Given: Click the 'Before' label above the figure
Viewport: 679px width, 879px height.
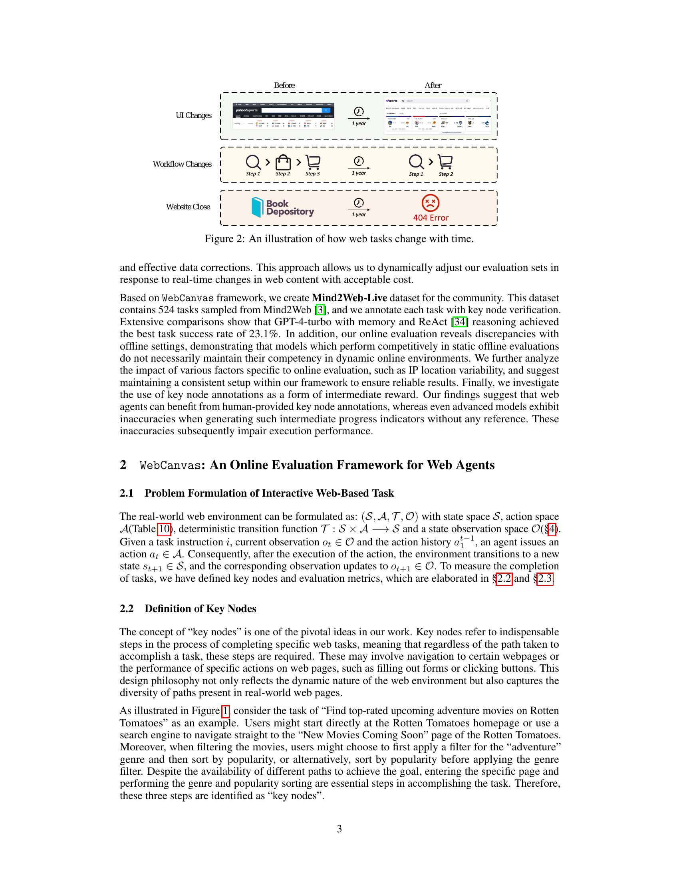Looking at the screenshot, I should point(284,86).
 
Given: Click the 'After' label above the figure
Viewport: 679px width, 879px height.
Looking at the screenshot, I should point(433,86).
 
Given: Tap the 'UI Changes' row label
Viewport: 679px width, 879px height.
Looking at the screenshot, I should point(193,115).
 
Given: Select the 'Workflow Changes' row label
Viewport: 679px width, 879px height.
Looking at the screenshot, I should point(182,164).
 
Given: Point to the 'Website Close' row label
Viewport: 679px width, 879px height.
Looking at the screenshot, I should point(188,207).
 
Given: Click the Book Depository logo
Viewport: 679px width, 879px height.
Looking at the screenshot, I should point(282,207).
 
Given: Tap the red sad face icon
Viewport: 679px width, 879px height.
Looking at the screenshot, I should point(431,203).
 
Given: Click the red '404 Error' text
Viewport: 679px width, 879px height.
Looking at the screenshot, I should point(431,218).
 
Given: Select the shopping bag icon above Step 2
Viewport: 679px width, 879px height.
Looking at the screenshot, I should point(283,162).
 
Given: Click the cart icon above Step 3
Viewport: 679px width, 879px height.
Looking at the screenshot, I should point(313,162).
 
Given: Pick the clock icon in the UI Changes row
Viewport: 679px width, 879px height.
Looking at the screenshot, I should point(358,111).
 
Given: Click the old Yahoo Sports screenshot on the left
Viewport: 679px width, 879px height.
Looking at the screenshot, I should point(284,116).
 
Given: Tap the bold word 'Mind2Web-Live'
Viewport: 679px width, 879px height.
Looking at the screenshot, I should point(349,298).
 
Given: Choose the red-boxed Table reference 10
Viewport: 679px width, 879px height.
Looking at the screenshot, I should point(164,529).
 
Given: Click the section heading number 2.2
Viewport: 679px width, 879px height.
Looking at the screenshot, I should point(126,609).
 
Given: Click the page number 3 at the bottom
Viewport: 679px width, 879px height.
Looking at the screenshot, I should point(339,829).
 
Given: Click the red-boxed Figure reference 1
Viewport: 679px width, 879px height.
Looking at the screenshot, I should point(225,711).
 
